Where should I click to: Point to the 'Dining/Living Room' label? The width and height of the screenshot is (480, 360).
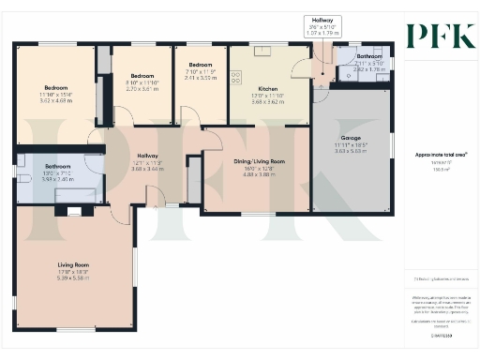[259, 161]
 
